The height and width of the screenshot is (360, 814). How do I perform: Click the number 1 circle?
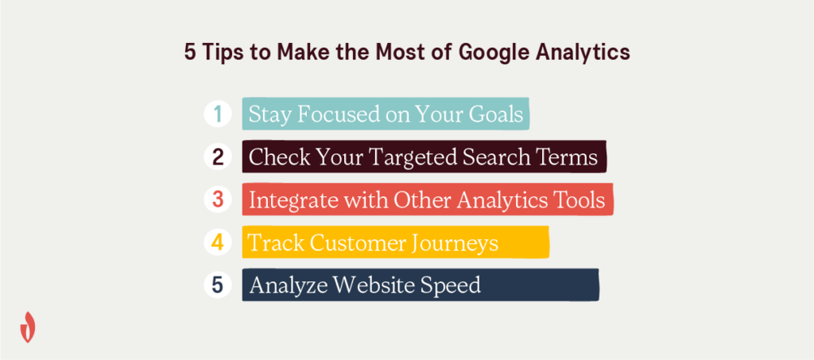point(218,114)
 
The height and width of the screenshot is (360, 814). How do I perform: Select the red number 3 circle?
point(218,200)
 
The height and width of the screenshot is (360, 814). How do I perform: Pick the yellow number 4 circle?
point(218,242)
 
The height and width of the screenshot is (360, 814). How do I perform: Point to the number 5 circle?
point(218,285)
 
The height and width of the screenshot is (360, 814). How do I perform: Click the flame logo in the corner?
point(28,327)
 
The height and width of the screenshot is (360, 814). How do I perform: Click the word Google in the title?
point(487,53)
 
